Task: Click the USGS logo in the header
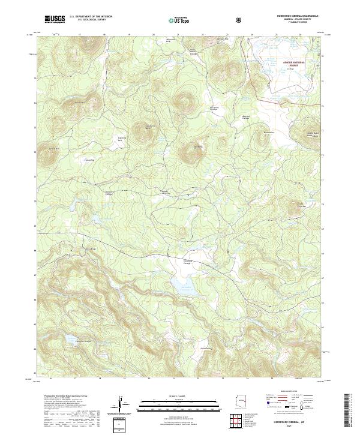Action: [x=55, y=19]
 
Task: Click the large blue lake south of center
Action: [x=184, y=283]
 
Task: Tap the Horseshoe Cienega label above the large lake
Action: [x=187, y=262]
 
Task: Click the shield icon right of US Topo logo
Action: [x=240, y=20]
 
